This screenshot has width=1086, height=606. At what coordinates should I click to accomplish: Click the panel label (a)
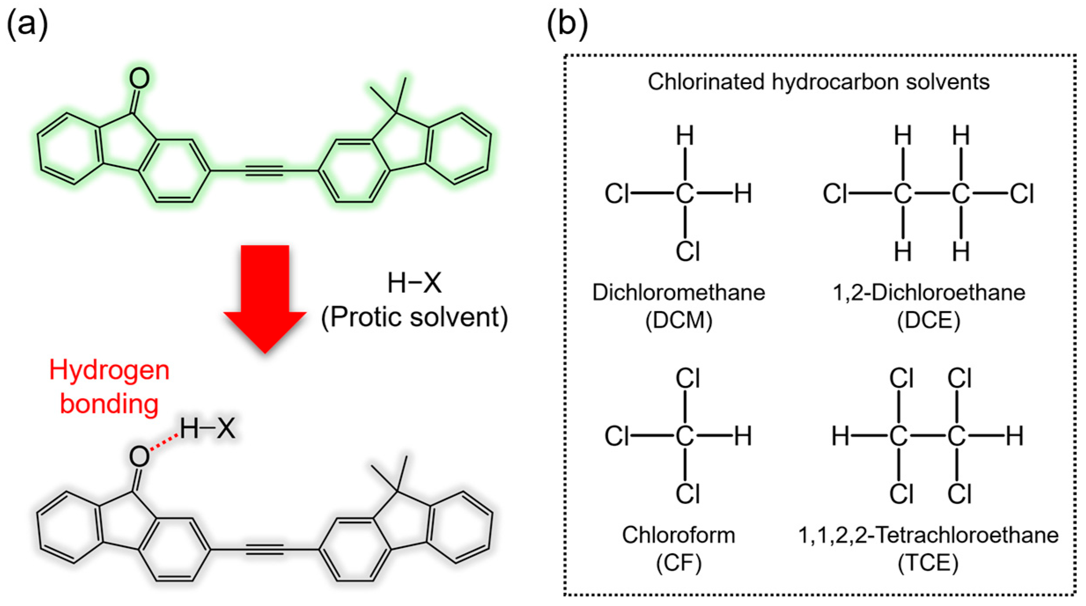(x=27, y=24)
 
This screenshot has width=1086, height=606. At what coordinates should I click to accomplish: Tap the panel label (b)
(x=567, y=24)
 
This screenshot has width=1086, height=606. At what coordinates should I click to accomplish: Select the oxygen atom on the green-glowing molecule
(x=139, y=79)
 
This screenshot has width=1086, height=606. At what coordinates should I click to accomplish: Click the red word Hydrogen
(x=109, y=371)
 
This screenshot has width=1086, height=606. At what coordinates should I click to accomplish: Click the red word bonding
(x=109, y=404)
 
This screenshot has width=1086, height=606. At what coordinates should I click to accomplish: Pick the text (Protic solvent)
(x=414, y=317)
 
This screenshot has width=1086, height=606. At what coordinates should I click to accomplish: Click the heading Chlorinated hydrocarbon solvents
(x=818, y=82)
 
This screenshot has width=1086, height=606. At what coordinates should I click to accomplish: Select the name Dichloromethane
(x=678, y=293)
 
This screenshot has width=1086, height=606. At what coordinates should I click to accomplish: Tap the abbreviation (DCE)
(x=928, y=320)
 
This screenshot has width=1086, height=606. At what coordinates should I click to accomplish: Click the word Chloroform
(x=678, y=536)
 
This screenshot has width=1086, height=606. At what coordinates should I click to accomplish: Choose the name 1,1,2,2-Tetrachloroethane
(x=928, y=536)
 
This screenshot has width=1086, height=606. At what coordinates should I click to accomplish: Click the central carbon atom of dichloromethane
(x=685, y=194)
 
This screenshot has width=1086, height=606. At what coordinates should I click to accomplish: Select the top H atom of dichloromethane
(x=685, y=136)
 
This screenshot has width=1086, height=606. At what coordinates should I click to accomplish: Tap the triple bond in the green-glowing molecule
(x=264, y=170)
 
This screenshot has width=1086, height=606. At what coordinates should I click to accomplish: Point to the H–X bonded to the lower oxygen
(x=207, y=428)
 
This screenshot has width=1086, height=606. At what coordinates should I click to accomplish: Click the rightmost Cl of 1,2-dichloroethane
(x=1021, y=194)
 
